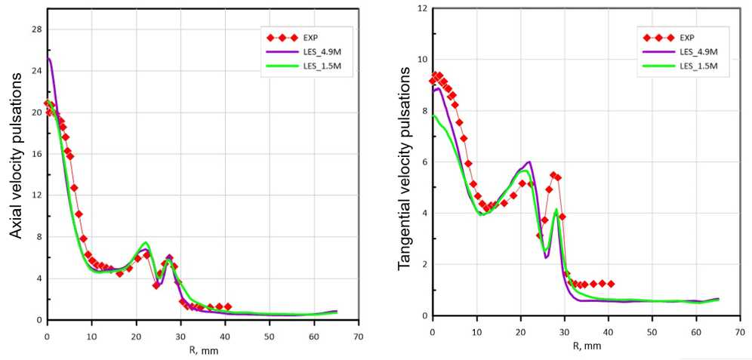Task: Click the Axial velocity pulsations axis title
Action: (x=15, y=162)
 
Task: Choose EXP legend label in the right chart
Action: (x=687, y=37)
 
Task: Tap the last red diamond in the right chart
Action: (x=611, y=284)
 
